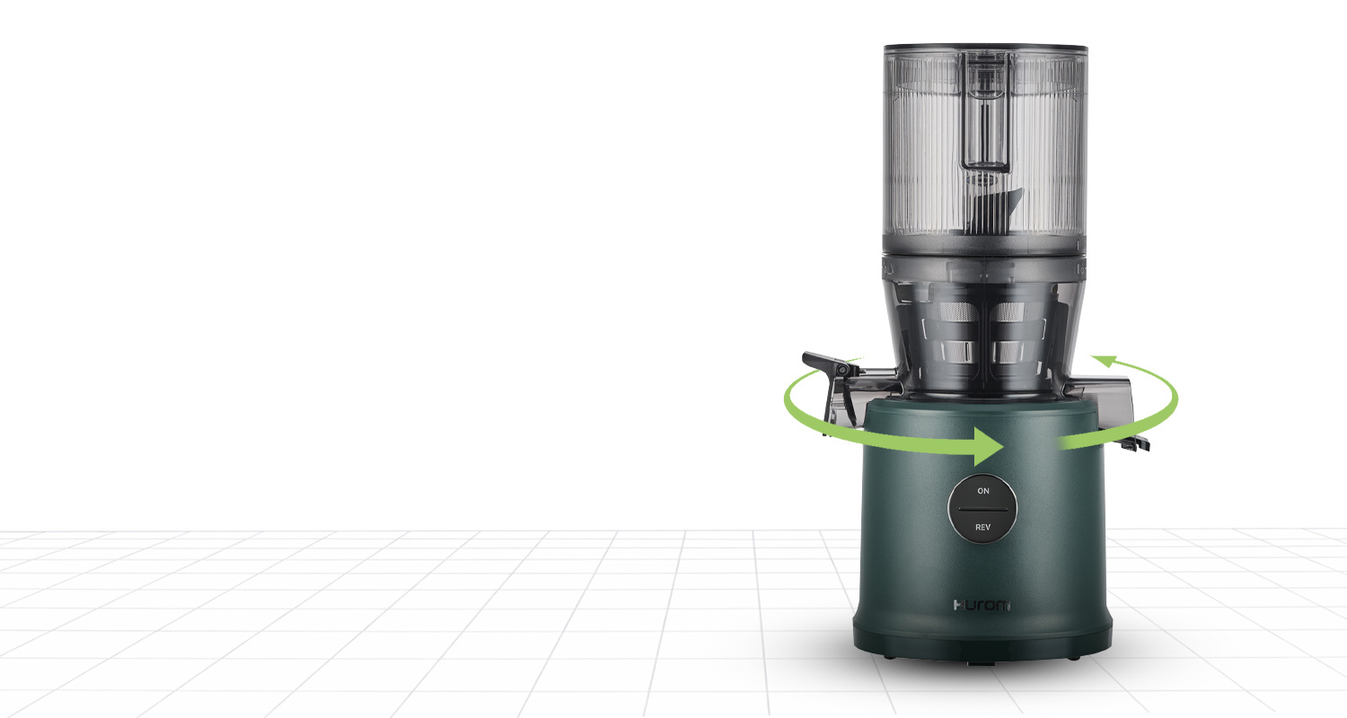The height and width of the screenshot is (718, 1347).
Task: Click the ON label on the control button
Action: [983, 491]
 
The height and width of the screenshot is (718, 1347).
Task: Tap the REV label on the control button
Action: [982, 527]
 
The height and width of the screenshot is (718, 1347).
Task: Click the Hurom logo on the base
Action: [982, 605]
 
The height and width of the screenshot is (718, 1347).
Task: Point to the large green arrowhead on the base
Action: [988, 446]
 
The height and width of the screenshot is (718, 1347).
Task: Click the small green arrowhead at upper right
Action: [1104, 361]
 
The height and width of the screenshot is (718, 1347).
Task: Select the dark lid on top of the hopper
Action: [986, 48]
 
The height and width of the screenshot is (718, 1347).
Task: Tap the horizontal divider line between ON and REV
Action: [982, 509]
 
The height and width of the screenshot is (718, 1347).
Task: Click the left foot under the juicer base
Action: [888, 657]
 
